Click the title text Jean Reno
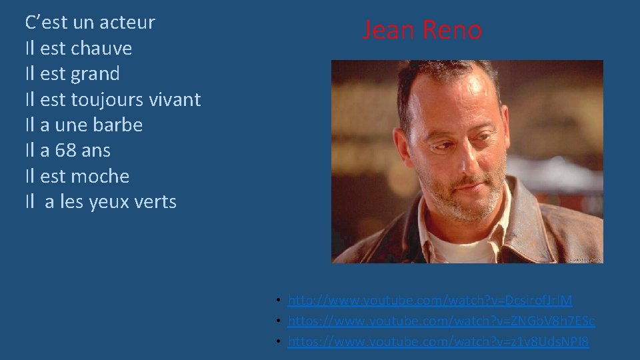click(x=422, y=31)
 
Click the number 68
click(x=65, y=151)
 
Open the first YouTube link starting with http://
click(x=430, y=301)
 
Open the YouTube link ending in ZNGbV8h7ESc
click(x=441, y=321)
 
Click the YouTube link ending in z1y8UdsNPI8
click(x=439, y=342)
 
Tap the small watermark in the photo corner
click(x=584, y=259)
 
